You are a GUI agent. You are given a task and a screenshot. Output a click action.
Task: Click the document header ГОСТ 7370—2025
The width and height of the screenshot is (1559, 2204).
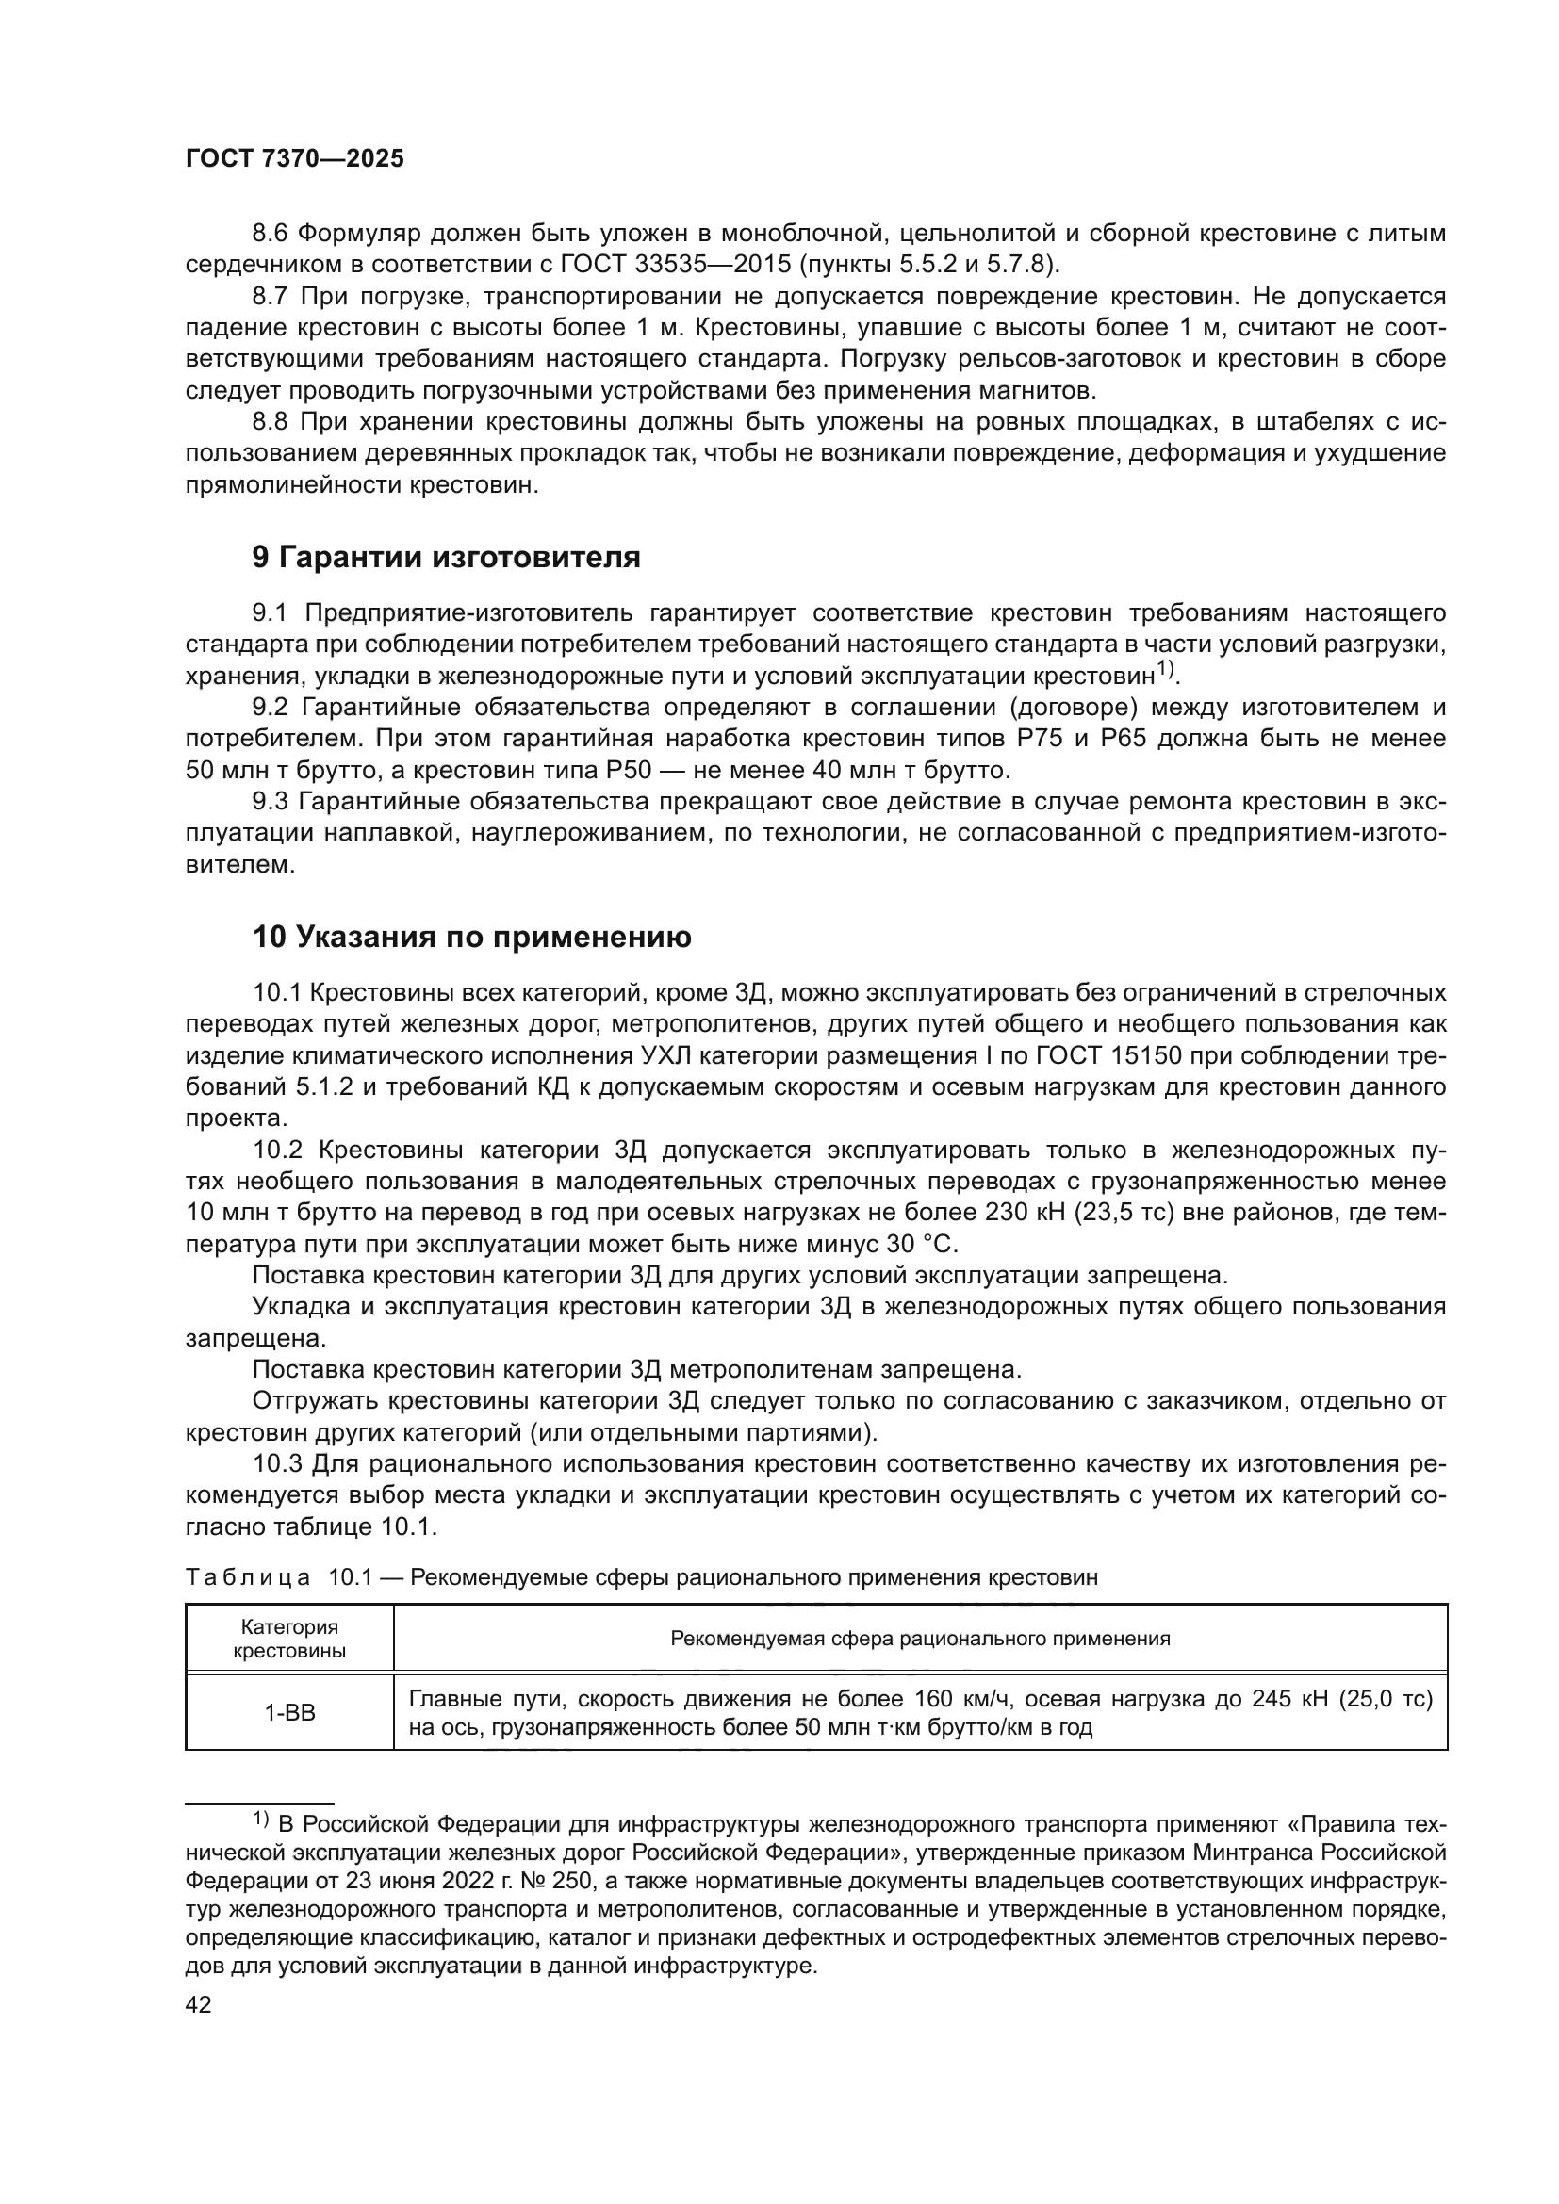point(295,159)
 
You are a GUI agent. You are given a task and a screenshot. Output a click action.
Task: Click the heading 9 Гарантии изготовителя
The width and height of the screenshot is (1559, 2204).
point(446,557)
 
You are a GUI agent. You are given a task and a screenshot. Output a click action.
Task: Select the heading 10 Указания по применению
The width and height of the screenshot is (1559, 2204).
point(471,936)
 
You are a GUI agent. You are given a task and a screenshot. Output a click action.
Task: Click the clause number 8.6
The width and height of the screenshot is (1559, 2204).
point(271,234)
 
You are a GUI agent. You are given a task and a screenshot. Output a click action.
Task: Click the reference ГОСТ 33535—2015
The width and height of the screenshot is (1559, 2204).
point(682,264)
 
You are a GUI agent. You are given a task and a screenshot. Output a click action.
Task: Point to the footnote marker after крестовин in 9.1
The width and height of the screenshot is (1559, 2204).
point(1164,669)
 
